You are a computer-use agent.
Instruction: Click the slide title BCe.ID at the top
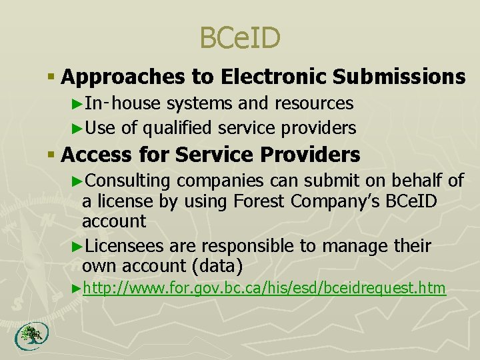click(240, 38)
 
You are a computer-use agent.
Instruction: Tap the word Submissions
click(399, 77)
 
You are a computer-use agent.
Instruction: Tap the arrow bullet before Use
click(76, 127)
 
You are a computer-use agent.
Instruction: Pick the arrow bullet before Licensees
click(76, 246)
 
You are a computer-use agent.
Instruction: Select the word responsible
click(247, 246)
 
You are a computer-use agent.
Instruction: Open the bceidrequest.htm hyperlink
click(264, 288)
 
